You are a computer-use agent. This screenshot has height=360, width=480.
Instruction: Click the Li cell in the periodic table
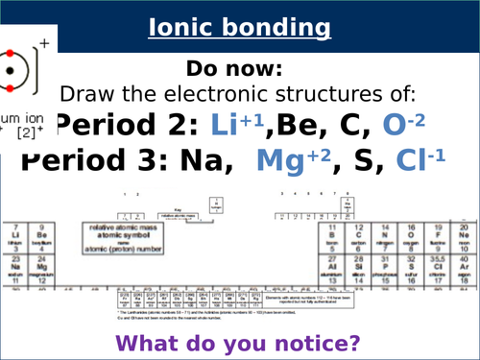(x=16, y=236)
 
